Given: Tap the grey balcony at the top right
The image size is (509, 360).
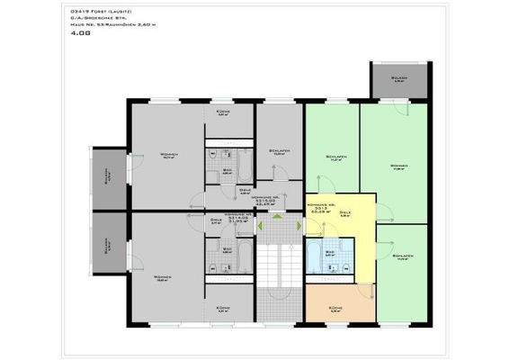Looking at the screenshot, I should (398, 82).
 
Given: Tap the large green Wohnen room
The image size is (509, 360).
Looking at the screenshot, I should (397, 166).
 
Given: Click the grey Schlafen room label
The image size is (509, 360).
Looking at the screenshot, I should (278, 150).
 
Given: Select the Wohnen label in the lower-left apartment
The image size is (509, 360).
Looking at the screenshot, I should (163, 276).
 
